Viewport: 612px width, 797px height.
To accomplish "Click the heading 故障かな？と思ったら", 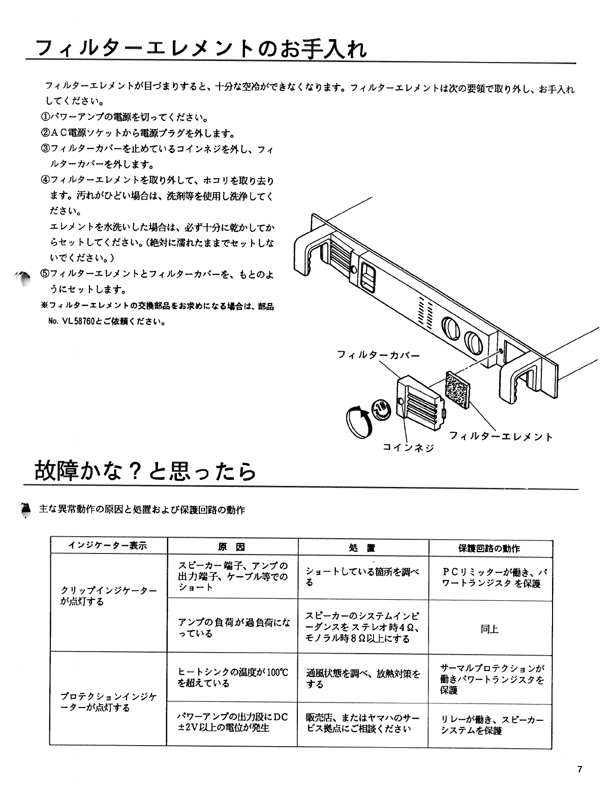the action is pos(145,471).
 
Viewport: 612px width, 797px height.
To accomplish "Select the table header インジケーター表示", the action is pos(108,546).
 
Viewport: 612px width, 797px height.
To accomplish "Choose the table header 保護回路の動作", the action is pos(489,548).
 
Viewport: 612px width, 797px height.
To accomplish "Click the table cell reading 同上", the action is pos(489,629).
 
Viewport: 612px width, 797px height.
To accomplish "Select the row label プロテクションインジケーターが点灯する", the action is pos(108,702).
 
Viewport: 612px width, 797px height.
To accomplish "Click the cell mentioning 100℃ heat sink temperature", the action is pos(232,678).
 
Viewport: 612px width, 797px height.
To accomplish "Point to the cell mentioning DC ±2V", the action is pos(232,722).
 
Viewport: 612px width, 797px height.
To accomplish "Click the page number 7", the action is pos(579,769).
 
